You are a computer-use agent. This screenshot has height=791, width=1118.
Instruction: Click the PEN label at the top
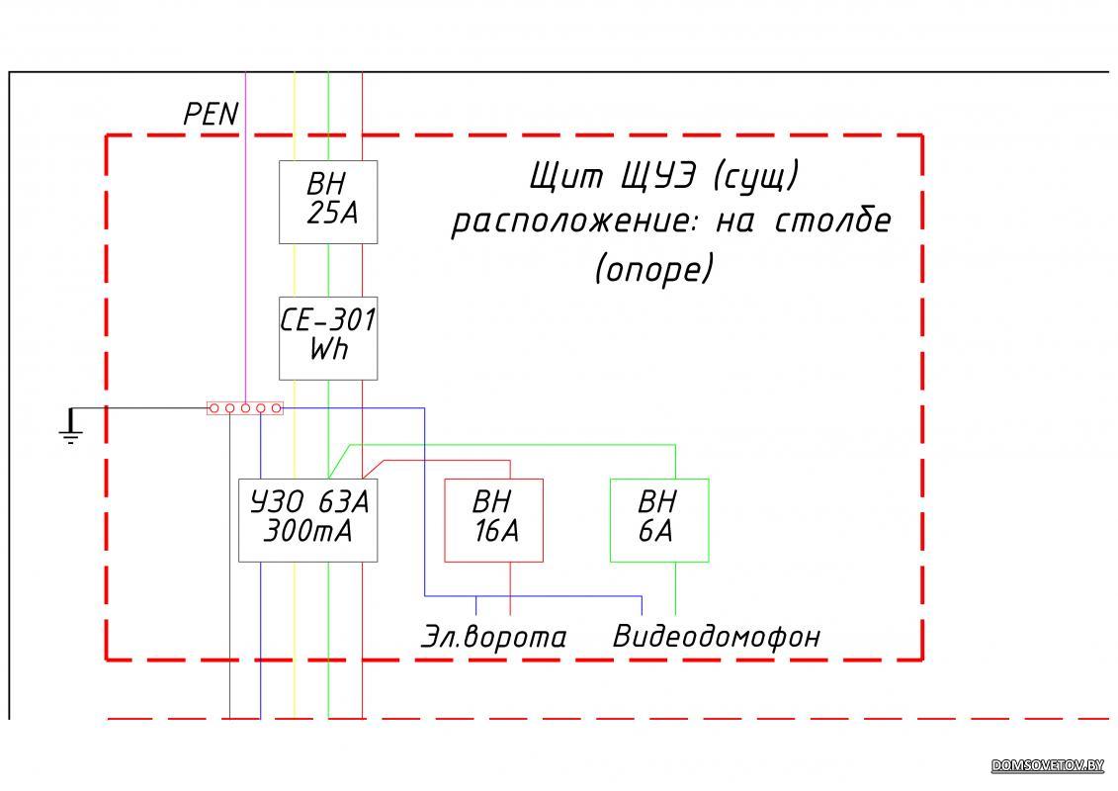coord(211,115)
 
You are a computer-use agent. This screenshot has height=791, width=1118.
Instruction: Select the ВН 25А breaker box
coord(328,202)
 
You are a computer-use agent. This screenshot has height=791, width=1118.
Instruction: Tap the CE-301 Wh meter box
coord(328,337)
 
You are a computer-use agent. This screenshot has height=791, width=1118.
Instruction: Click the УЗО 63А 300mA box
coord(307,520)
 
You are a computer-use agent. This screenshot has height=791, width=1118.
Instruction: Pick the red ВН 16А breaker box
coord(493,520)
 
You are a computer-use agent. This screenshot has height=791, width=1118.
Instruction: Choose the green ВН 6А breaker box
coord(659,520)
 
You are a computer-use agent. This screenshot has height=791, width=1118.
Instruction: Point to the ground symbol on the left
coord(70,428)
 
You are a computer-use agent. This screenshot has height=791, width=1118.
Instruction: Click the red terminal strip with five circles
coord(245,407)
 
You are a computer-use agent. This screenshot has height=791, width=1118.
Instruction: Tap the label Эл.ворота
coord(493,637)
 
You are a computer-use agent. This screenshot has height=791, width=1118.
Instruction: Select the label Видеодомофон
coord(717,636)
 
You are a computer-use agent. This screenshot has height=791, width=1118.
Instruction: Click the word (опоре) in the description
coord(653,268)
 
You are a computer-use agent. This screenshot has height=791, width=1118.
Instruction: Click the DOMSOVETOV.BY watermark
coord(1047,765)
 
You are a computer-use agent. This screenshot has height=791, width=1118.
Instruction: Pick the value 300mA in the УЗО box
coord(306,533)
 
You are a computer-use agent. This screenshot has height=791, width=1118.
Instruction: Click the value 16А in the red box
coord(496,532)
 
